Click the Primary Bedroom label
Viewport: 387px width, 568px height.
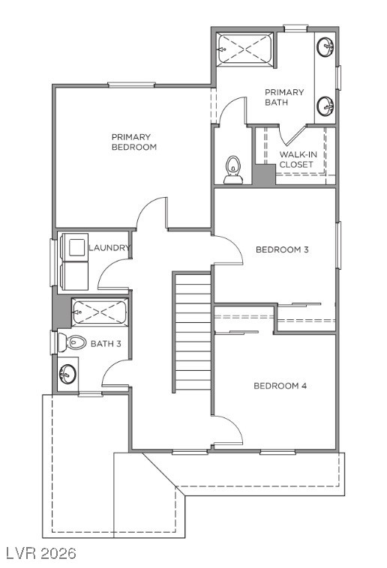[133, 142]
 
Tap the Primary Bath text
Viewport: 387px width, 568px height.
[284, 97]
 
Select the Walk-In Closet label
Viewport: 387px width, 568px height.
[295, 159]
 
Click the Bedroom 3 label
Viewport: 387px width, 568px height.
[282, 250]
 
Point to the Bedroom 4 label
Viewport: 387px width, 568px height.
[280, 386]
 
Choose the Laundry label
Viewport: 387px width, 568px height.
[109, 247]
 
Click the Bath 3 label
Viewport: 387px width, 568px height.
[106, 344]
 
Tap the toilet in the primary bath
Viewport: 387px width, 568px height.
[233, 170]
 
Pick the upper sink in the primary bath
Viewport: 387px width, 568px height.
[326, 48]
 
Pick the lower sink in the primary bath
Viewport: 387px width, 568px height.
[326, 106]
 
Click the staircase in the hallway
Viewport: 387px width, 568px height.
[193, 332]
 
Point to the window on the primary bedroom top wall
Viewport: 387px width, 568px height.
[130, 85]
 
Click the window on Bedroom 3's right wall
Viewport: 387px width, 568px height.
[337, 245]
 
